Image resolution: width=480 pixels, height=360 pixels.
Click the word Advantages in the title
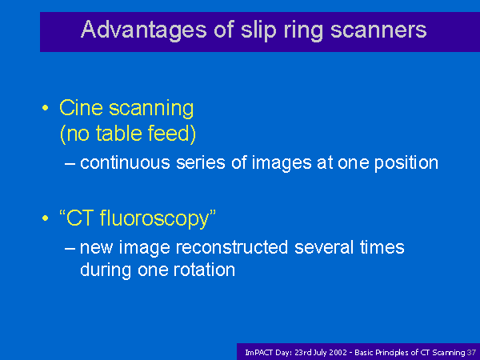pos(144,30)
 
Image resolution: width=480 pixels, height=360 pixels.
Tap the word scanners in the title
pos(378,30)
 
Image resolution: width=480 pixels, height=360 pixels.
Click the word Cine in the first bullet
pos(81,108)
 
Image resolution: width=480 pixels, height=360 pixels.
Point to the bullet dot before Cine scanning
pos(46,108)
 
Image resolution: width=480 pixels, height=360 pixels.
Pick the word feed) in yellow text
pos(172,134)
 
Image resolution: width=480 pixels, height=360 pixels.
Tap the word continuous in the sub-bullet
pos(125,162)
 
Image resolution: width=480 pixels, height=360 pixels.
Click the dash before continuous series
pos(70,164)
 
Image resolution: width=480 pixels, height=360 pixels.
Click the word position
pos(406,163)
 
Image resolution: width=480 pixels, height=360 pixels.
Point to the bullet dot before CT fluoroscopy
pos(46,218)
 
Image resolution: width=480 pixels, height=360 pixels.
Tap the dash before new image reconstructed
pos(70,249)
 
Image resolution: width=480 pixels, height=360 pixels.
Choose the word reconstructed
pos(232,247)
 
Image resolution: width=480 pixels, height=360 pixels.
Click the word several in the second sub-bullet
pos(324,247)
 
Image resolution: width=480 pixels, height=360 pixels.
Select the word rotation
pos(204,270)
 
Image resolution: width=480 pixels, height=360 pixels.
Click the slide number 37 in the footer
pos(472,353)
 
